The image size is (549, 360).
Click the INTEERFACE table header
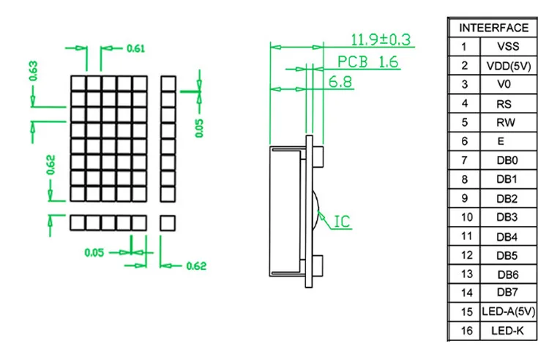(493, 28)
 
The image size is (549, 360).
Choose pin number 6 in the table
(463, 141)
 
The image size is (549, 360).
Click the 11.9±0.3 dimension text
(380, 39)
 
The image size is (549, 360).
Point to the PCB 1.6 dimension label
(367, 62)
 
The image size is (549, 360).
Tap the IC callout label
(342, 221)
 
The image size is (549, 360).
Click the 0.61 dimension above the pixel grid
(135, 48)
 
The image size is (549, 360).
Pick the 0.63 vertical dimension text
(34, 71)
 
